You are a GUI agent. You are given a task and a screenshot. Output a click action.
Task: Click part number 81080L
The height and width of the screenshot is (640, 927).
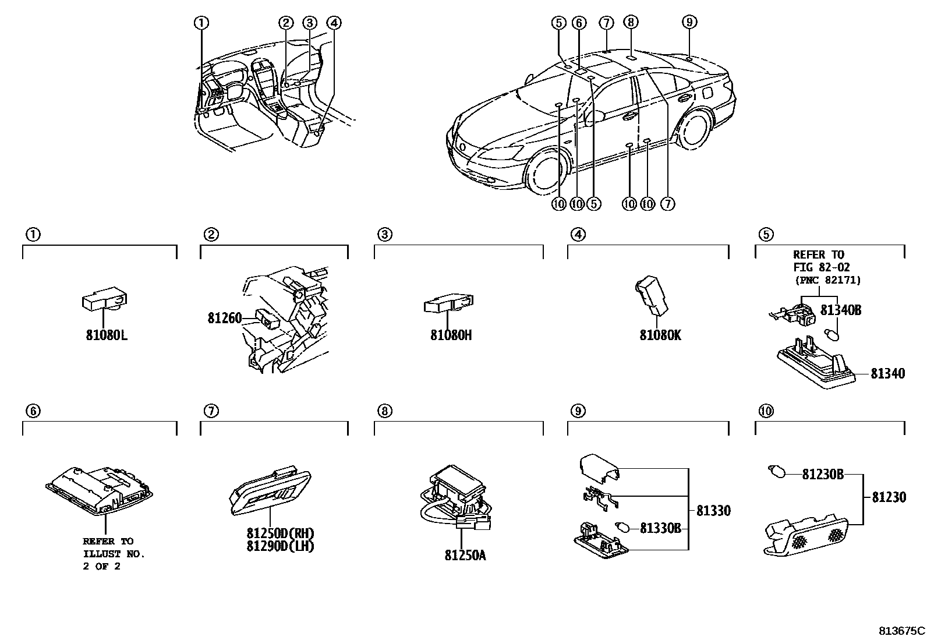[x=107, y=335]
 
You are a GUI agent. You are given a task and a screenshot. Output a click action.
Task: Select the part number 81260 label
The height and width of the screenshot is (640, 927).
[x=224, y=318]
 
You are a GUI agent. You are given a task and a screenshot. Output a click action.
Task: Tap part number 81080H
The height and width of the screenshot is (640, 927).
[x=451, y=335]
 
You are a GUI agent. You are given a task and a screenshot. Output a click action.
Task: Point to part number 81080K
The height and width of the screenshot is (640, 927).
[x=660, y=335]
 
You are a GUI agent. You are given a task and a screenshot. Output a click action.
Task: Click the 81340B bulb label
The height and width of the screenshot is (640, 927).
[x=840, y=310]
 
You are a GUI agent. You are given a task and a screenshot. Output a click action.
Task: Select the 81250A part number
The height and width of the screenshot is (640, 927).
[x=465, y=555]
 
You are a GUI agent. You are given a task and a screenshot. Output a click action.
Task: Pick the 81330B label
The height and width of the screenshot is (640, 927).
[x=660, y=528]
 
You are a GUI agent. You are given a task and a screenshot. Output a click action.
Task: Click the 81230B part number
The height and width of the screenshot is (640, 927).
[x=822, y=475]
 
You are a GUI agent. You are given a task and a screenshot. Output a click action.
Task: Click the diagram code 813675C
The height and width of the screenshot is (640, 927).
[x=901, y=630]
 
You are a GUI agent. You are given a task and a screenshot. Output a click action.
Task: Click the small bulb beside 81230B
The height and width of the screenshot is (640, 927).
[x=775, y=469]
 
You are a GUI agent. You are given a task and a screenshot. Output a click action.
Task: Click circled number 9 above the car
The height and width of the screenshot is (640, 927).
[x=689, y=22]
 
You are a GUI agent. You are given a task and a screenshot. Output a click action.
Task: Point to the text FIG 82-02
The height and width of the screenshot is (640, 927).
[x=821, y=267]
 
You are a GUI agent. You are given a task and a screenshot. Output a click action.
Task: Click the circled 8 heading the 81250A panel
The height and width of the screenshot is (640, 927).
[x=384, y=411]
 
